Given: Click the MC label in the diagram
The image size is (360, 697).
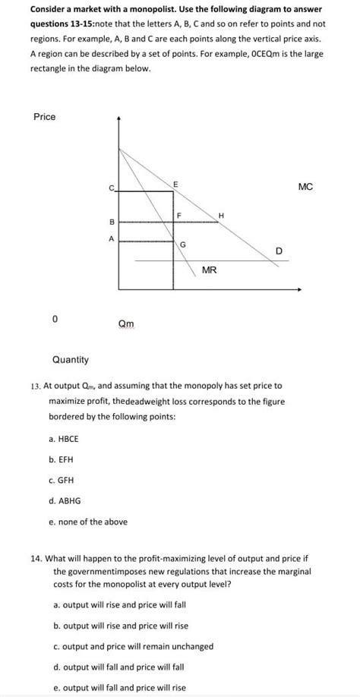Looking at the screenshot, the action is [x=305, y=187].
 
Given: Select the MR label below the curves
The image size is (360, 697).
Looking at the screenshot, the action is [x=210, y=270].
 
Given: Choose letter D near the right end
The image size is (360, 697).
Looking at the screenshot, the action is [x=279, y=251].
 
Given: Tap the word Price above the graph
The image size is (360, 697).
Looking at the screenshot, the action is [x=45, y=117].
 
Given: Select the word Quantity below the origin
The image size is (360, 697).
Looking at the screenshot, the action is [x=70, y=359].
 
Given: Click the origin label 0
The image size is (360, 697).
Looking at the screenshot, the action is [x=55, y=320].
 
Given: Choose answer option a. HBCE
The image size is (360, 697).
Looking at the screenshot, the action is [x=63, y=439].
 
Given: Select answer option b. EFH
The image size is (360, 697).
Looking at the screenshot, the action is [x=61, y=459].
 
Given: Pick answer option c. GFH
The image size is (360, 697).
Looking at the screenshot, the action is [x=61, y=480].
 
